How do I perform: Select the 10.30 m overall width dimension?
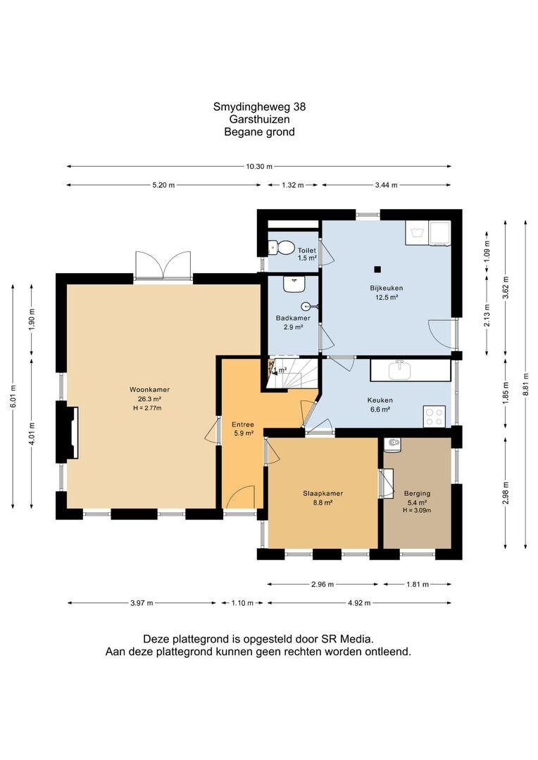[259, 166]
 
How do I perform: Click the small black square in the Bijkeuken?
[377, 270]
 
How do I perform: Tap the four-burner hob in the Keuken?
[434, 417]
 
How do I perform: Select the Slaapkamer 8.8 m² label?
[323, 498]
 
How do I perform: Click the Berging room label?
[417, 493]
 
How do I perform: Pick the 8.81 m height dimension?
[525, 384]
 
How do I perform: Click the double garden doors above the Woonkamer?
[163, 265]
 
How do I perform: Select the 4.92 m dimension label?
[359, 603]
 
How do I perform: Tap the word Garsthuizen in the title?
[259, 119]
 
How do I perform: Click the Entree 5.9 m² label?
[242, 429]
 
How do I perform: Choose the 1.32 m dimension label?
[292, 184]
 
